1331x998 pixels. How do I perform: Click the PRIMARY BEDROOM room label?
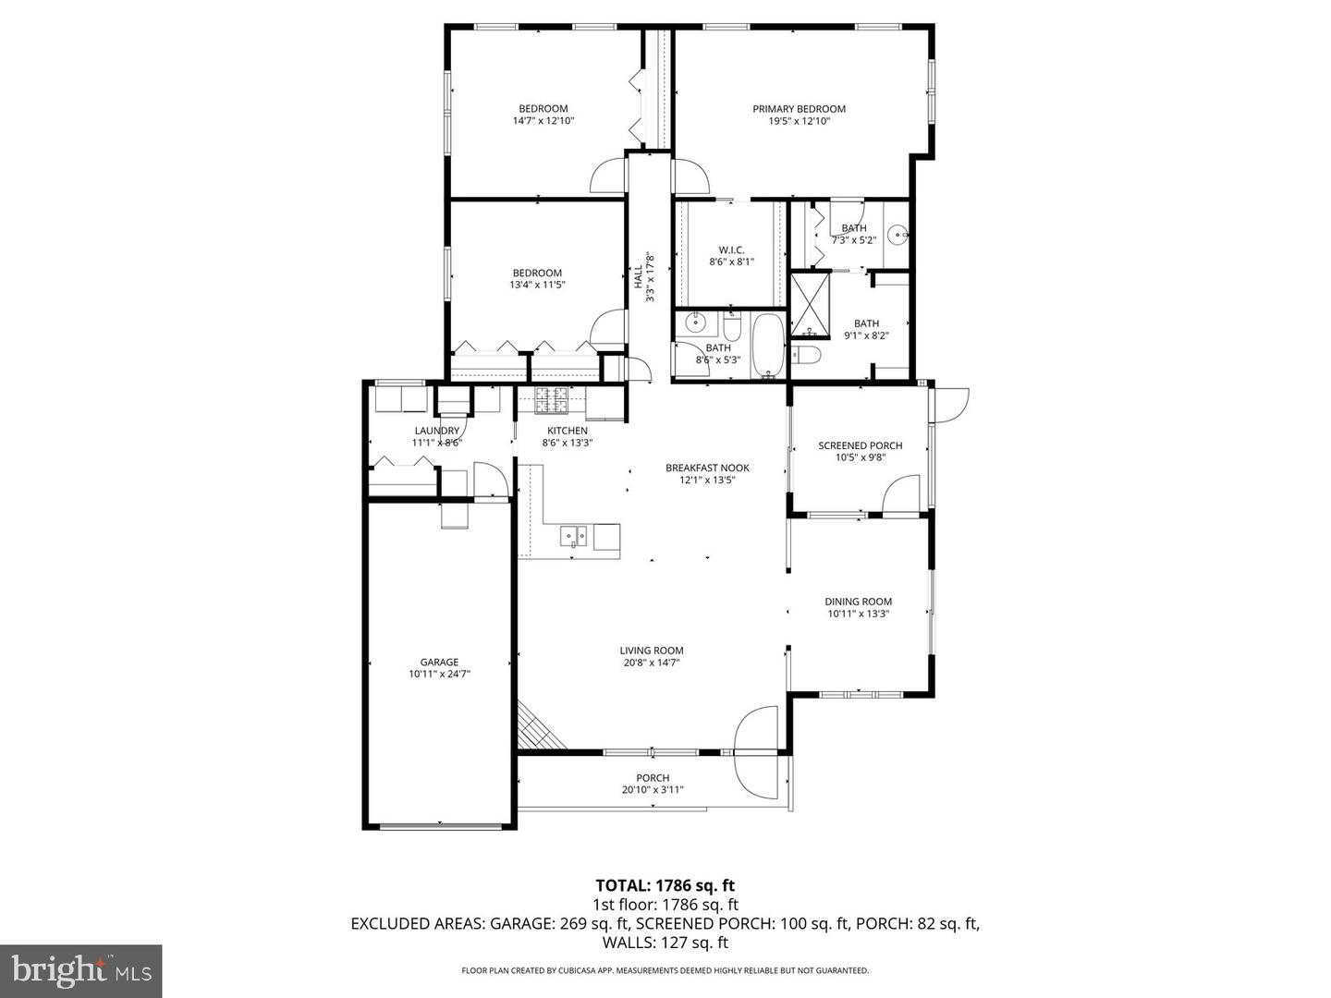[x=799, y=108]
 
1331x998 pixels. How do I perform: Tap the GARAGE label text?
[x=439, y=662]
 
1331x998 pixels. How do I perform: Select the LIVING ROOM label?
[x=652, y=650]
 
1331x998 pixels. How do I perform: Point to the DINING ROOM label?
[x=858, y=602]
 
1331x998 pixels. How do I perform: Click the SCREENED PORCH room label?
[x=860, y=445]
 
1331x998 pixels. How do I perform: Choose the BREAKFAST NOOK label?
[x=707, y=468]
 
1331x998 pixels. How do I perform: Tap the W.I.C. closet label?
[x=732, y=249]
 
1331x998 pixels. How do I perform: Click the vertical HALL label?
[x=638, y=276]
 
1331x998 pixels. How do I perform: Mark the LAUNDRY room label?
[x=436, y=431]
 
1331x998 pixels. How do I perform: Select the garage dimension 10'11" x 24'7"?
[x=439, y=675]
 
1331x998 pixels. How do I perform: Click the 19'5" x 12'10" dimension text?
[x=799, y=121]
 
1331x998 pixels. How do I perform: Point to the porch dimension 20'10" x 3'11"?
[x=653, y=790]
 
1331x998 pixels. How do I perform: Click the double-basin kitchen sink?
[x=575, y=536]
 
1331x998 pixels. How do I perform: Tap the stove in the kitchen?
[x=552, y=399]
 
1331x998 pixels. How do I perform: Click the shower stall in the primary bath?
[x=810, y=304]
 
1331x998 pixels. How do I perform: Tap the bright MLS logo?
[x=81, y=970]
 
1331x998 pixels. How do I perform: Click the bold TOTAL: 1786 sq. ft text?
[x=665, y=886]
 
